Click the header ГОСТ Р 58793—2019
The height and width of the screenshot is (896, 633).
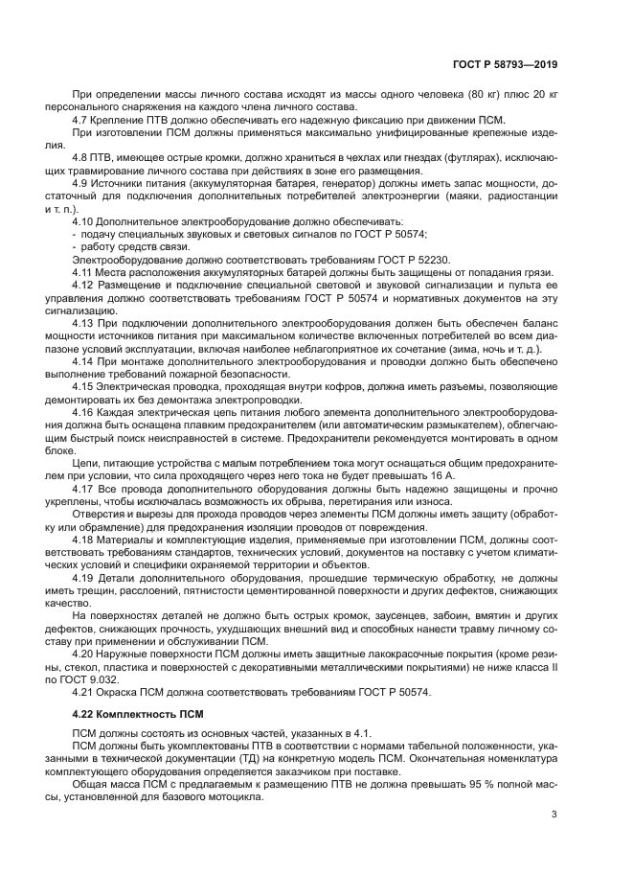tap(505, 65)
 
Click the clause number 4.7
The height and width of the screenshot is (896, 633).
tap(83, 120)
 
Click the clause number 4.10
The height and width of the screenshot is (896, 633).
tap(86, 221)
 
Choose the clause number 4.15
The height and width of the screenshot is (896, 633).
tap(86, 385)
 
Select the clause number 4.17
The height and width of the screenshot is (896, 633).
tap(86, 487)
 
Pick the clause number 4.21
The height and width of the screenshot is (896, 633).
tap(86, 690)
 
